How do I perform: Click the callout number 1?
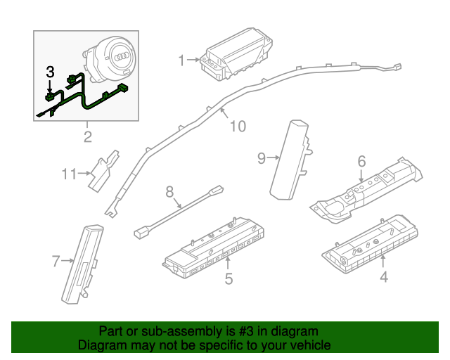click(181, 60)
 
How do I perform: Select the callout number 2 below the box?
click(87, 136)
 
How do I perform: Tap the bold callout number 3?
click(50, 72)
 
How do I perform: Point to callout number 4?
click(383, 277)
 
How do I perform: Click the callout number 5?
click(229, 279)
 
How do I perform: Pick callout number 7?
click(56, 262)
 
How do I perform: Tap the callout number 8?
click(169, 191)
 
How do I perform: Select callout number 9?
click(262, 158)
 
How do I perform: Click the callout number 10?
click(238, 127)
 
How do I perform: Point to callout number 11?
click(68, 173)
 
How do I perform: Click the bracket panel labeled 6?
click(369, 186)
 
